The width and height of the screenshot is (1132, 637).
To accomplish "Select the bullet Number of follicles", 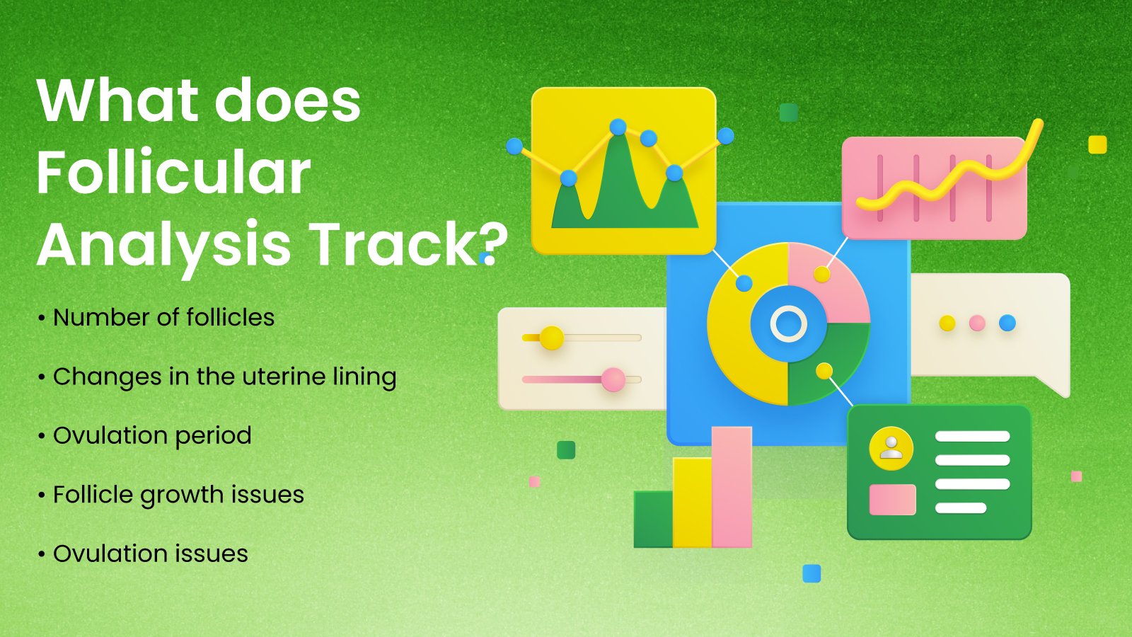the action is point(156,318).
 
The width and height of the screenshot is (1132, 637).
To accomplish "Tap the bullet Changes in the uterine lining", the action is point(217,377).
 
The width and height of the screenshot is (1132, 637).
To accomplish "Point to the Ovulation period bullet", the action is point(145,436).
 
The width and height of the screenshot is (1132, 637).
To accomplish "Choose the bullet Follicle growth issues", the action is point(171,495).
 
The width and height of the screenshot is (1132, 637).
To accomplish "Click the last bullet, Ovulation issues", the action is point(144,553).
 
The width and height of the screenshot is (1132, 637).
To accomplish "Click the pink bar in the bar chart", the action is point(732,487).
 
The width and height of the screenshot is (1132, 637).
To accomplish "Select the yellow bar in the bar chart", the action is point(693,503).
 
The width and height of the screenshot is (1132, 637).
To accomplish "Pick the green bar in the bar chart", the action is point(654,520).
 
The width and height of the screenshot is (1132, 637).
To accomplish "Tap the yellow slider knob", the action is point(551,338).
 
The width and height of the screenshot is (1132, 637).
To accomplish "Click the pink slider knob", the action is point(613,379).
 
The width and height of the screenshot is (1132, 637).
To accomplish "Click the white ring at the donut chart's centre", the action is point(788,324).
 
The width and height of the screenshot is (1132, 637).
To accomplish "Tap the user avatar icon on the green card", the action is point(891,449).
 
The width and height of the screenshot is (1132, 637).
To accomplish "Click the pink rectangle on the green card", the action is point(892,500).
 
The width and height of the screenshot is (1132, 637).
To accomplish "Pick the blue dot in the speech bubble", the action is point(1007,323).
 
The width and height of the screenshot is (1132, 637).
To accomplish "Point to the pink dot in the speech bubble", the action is point(977,323).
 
